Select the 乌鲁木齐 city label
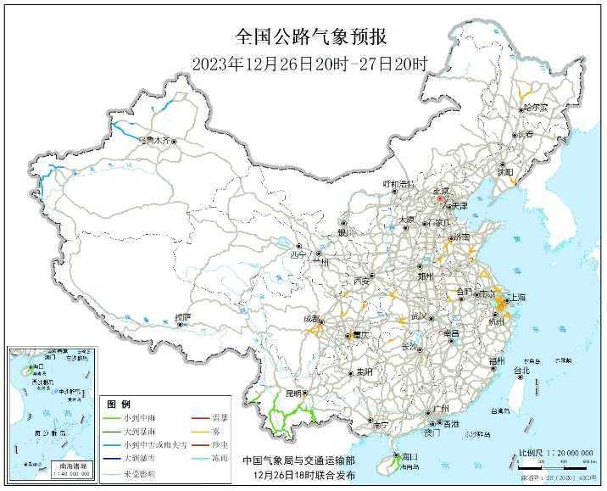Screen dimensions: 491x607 [153, 139]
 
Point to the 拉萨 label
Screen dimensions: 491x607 [182, 317]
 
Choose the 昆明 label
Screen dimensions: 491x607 [293, 394]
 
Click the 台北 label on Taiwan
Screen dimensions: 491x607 [522, 371]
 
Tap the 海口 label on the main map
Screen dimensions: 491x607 [409, 456]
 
